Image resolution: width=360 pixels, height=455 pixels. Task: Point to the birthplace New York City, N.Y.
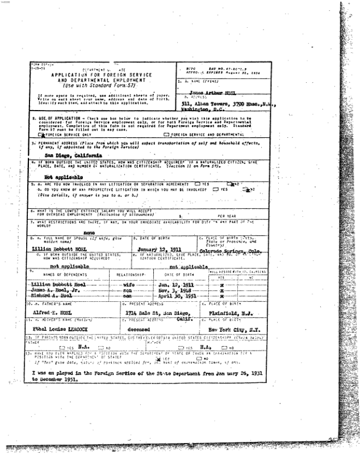[232, 328]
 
